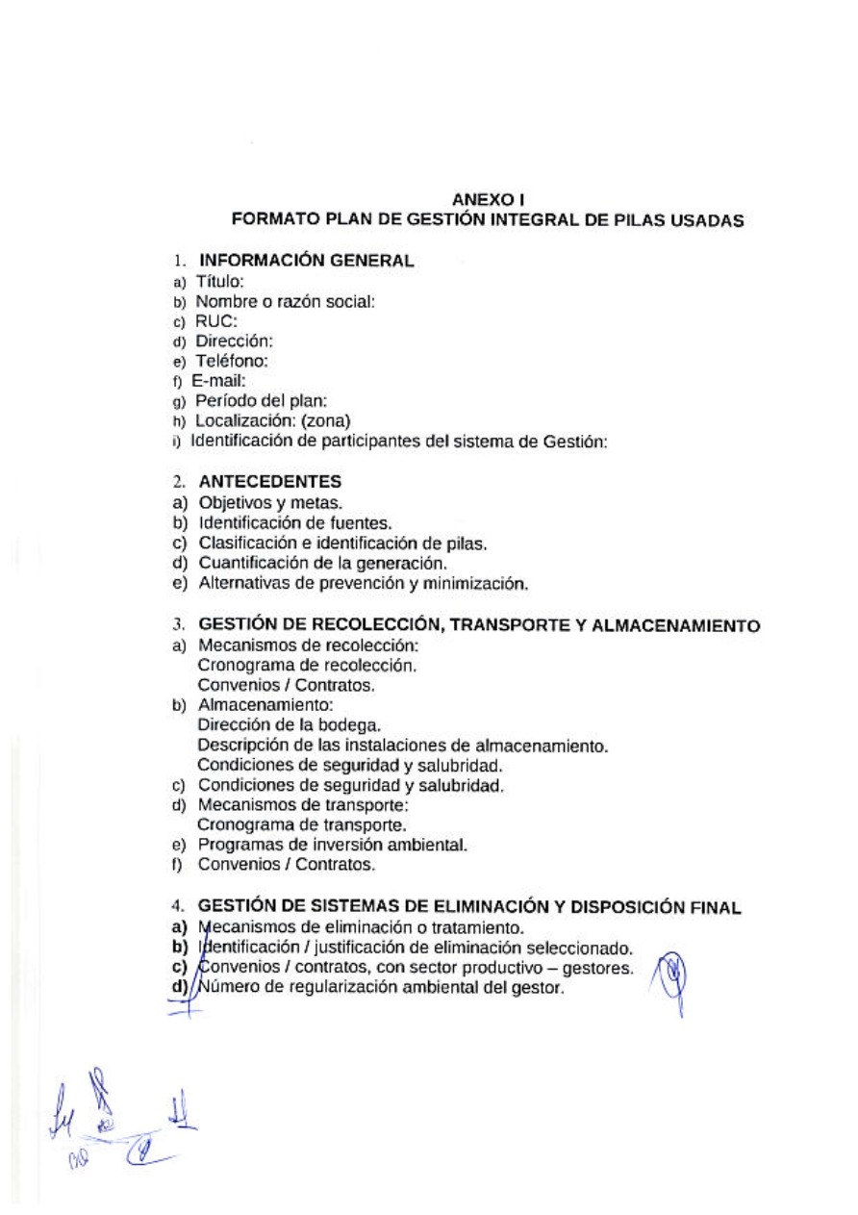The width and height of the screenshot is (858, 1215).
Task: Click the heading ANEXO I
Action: pos(489,200)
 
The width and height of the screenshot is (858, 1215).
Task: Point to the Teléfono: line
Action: pos(231,362)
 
